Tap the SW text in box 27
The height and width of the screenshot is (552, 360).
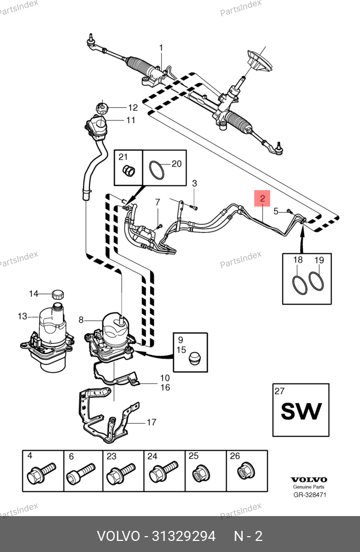(301, 411)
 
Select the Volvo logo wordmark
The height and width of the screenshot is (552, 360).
(309, 480)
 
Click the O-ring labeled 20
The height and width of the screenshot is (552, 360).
(156, 170)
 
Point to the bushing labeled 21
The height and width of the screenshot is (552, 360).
(127, 171)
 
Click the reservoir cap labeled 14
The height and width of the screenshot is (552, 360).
(59, 293)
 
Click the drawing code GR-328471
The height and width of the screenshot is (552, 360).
(310, 495)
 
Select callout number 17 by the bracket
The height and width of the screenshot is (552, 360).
(151, 422)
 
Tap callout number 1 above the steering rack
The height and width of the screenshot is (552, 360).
(161, 48)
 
